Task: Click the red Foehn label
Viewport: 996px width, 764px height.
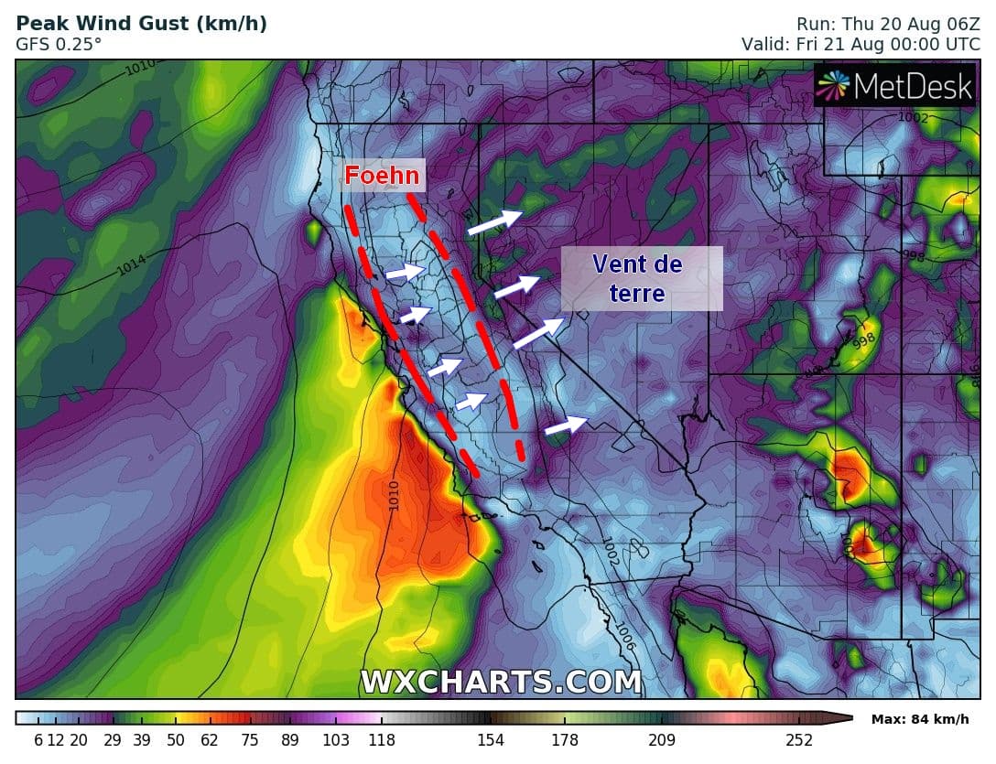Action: click(382, 176)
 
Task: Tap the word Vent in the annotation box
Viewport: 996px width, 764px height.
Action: click(625, 265)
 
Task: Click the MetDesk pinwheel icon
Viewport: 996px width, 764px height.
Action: click(833, 86)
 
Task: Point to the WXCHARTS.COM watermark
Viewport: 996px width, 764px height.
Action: click(501, 682)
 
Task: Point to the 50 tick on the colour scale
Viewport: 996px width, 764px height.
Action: click(175, 740)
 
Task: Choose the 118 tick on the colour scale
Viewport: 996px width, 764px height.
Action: click(382, 740)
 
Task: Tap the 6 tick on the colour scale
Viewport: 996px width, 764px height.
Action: click(38, 740)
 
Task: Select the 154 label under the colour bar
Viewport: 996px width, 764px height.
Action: click(491, 740)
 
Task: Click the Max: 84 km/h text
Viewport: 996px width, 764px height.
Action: click(919, 719)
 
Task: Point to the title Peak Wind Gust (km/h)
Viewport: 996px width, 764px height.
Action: click(142, 24)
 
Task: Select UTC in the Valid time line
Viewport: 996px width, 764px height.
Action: click(960, 43)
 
